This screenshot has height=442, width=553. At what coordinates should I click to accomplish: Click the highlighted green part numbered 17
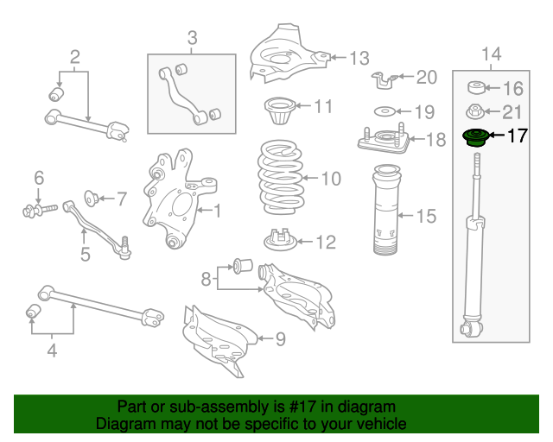(475, 138)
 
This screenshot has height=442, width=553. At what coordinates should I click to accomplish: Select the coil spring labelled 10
(280, 177)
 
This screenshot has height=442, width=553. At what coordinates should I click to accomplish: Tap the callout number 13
(359, 58)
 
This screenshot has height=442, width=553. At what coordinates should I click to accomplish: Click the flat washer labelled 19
(385, 111)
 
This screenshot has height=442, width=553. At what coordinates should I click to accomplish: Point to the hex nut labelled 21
(475, 111)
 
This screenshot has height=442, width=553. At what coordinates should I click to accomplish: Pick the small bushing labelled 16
(476, 87)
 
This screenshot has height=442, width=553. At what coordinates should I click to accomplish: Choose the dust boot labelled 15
(386, 210)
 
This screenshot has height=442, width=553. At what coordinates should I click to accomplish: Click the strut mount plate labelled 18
(384, 139)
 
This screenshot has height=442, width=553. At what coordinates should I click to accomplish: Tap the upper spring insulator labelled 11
(280, 110)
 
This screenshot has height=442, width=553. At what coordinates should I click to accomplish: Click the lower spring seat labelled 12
(281, 240)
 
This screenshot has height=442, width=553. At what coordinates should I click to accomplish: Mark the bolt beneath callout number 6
(40, 210)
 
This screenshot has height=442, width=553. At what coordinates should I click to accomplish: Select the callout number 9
(280, 339)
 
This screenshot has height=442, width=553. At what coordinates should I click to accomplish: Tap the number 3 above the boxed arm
(192, 38)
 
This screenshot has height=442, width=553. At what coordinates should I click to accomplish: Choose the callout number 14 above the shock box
(492, 54)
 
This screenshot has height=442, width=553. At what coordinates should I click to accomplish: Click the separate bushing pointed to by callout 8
(243, 265)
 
